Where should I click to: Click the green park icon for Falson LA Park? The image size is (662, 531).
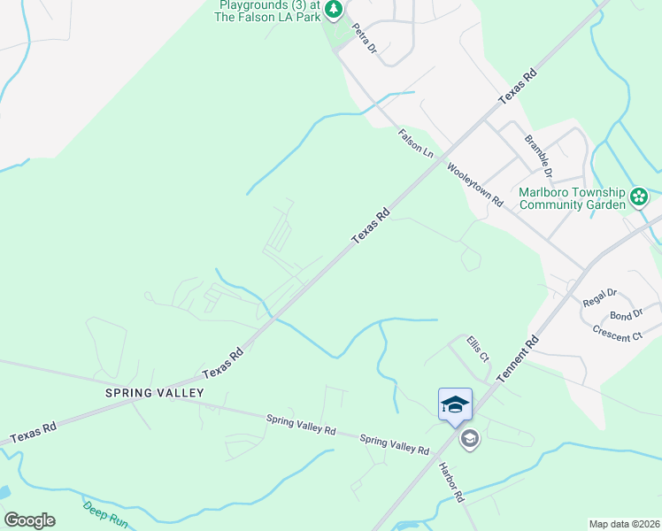[334, 11]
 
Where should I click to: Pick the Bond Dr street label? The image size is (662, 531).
[626, 316]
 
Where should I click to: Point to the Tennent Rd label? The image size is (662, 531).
[518, 358]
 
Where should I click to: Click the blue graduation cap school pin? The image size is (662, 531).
[455, 405]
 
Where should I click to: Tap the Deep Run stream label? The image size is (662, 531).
[105, 515]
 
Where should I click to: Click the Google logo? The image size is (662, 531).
[29, 520]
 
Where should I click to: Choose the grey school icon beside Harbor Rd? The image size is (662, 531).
[469, 438]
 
